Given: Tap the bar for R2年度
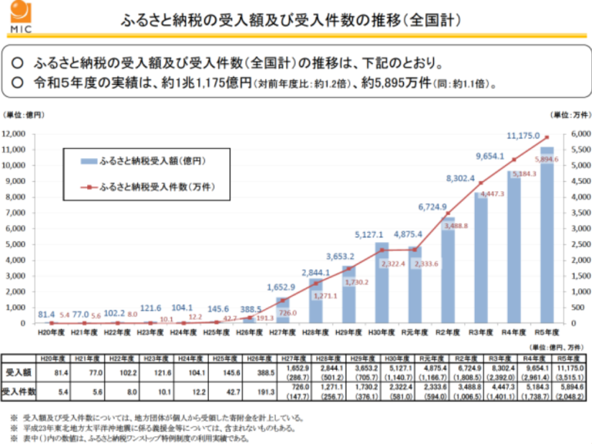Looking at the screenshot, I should tap(448, 270).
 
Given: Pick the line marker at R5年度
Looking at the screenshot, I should tap(547, 137).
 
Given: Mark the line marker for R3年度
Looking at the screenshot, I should tap(481, 183).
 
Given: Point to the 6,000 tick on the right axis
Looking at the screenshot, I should tap(580, 134).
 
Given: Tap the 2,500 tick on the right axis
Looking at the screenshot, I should tap(580, 244).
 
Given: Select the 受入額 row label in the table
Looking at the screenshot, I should tap(18, 372).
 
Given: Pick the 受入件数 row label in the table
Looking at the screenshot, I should tap(18, 392).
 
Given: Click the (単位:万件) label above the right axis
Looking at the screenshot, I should tap(571, 115).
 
